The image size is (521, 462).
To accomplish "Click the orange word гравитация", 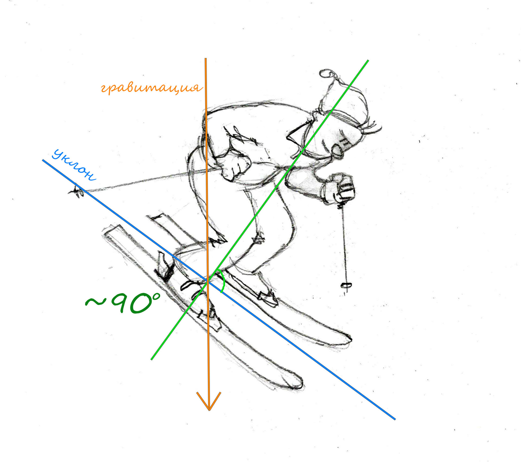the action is tap(151, 88).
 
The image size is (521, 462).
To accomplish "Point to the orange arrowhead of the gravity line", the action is tap(209, 401).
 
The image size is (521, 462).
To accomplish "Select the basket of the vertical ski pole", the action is tap(346, 285).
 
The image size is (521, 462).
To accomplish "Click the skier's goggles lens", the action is tap(338, 151).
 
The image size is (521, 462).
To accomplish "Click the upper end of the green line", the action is tap(368, 60).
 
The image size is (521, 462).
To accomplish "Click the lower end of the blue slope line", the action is tap(395, 419).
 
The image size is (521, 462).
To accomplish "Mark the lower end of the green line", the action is tap(151, 360).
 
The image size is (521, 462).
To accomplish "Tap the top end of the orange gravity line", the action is tap(205, 59).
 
